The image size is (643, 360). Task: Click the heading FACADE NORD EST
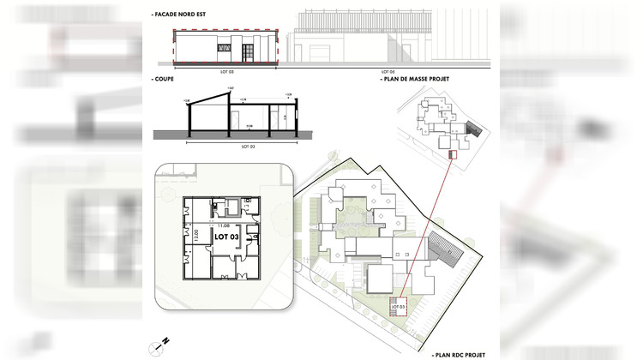(182, 15)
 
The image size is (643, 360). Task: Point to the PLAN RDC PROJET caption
(462, 352)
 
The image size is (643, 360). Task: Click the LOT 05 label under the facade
(388, 71)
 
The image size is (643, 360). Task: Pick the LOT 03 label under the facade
(226, 71)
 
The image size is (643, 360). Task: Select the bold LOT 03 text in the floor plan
(228, 236)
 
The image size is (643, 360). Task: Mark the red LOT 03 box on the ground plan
(397, 305)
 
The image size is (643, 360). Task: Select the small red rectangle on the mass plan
(452, 154)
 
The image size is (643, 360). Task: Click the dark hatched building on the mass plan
(473, 129)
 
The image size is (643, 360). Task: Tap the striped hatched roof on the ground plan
(442, 252)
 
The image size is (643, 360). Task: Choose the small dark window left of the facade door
(223, 50)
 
